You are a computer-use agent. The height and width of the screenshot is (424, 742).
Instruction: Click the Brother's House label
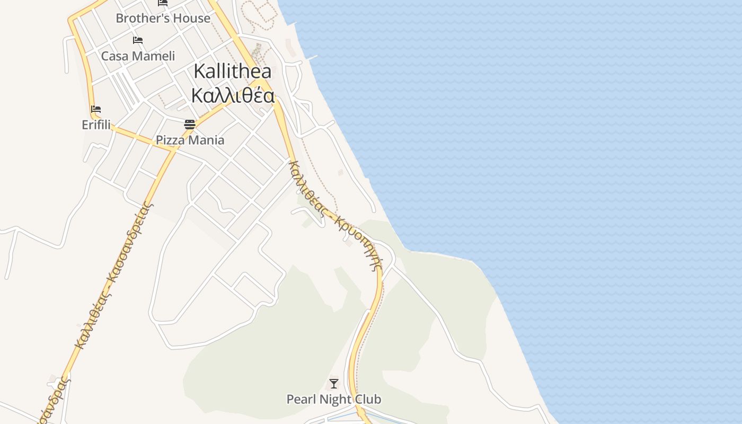tap(163, 18)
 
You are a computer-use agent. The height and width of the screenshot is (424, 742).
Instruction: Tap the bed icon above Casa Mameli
tap(138, 40)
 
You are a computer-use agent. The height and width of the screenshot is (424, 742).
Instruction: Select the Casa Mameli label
tap(138, 56)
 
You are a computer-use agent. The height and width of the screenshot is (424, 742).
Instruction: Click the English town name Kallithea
tap(233, 71)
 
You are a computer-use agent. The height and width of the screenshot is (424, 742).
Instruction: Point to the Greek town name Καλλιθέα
tap(233, 96)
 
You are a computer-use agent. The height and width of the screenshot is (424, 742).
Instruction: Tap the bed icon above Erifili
tap(96, 109)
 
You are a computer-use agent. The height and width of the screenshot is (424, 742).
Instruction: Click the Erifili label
tap(96, 125)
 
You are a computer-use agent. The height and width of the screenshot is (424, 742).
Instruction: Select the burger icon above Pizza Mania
tap(190, 125)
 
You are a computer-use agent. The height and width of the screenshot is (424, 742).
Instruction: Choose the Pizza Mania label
tap(190, 140)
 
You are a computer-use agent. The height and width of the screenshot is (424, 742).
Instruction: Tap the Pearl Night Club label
tap(334, 399)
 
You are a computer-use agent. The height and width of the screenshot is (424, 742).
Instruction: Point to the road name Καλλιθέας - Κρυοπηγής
tap(334, 215)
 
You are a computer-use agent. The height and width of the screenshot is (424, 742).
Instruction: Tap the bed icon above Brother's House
tap(163, 3)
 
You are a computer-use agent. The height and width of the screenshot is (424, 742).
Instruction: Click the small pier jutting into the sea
tap(312, 57)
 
